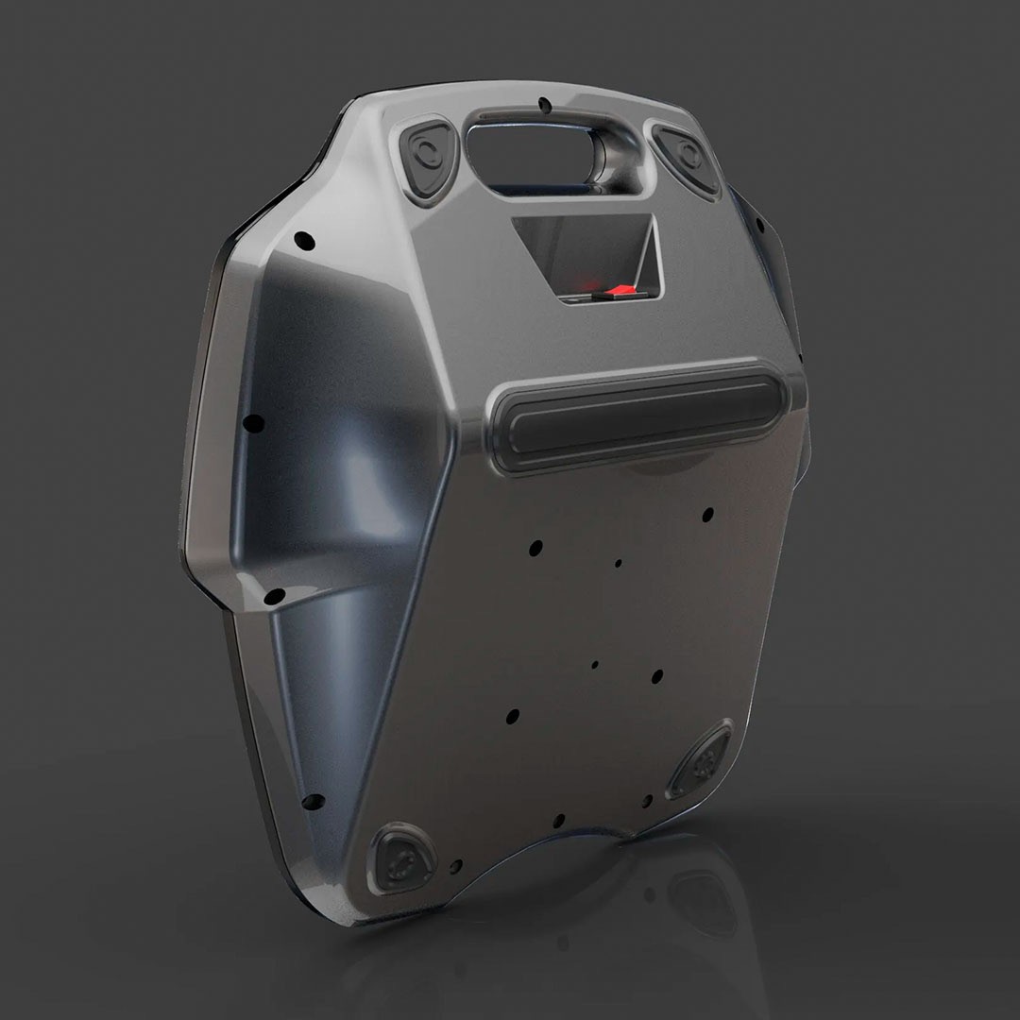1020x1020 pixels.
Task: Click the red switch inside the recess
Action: point(620,290)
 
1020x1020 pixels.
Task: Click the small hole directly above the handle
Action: point(545,104)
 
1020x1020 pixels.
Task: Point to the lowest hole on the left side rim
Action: point(311,804)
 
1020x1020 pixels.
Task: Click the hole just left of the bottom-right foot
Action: point(648,801)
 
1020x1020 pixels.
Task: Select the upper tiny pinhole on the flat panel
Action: point(619,564)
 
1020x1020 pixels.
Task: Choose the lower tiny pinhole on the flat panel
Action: point(594,665)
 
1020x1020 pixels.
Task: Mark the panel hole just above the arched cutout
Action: point(559,820)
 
